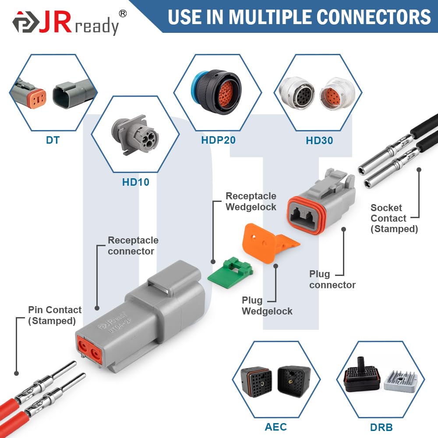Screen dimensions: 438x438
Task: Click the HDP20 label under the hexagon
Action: click(218, 140)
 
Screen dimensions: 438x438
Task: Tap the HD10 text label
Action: click(136, 182)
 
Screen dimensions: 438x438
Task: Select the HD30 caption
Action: click(319, 141)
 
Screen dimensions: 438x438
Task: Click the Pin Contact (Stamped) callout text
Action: click(55, 315)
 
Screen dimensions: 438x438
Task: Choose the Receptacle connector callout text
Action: click(133, 246)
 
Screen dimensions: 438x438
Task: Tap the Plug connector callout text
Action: click(332, 279)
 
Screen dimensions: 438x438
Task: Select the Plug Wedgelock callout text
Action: click(267, 306)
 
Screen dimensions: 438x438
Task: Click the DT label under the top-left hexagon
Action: click(53, 140)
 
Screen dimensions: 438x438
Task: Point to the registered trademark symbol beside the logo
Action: click(123, 14)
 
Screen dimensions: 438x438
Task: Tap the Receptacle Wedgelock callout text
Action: click(251, 201)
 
